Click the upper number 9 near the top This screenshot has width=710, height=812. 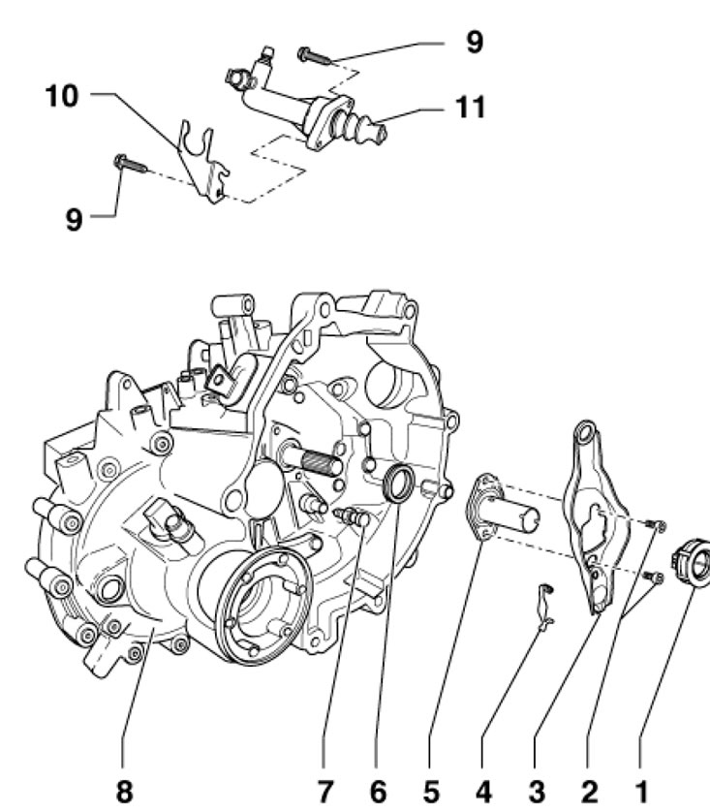[x=472, y=44]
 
